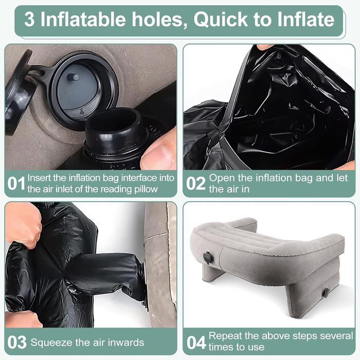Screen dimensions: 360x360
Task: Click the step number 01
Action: (16, 184)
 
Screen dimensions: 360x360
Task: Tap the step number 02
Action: (196, 184)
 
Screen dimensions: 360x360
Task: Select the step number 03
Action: (17, 343)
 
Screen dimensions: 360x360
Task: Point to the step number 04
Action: (196, 343)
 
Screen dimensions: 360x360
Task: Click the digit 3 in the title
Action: (29, 20)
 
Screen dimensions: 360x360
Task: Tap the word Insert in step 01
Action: (39, 178)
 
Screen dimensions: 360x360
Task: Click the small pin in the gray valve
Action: (73, 77)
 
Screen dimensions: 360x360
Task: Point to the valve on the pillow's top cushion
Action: (208, 258)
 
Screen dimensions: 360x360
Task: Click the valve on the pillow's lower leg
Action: (326, 293)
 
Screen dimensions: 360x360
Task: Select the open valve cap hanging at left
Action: (19, 92)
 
